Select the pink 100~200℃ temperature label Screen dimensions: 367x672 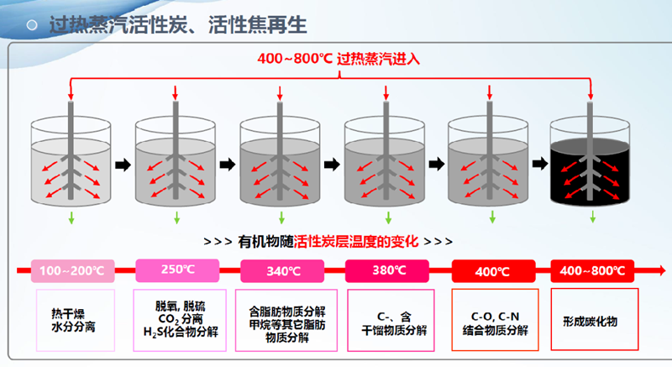tap(71, 270)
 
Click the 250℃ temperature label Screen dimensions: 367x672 tap(176, 270)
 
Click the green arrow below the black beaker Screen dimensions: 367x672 tap(592, 218)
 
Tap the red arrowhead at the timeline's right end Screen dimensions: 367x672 tap(663, 270)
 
